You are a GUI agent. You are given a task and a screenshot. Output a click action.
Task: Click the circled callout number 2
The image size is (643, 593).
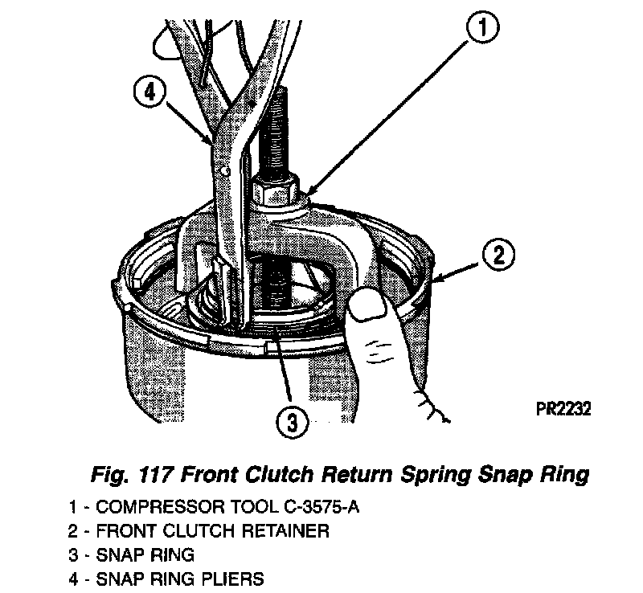click(498, 257)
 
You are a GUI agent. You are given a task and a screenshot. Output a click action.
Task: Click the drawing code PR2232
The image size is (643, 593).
click(563, 409)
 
